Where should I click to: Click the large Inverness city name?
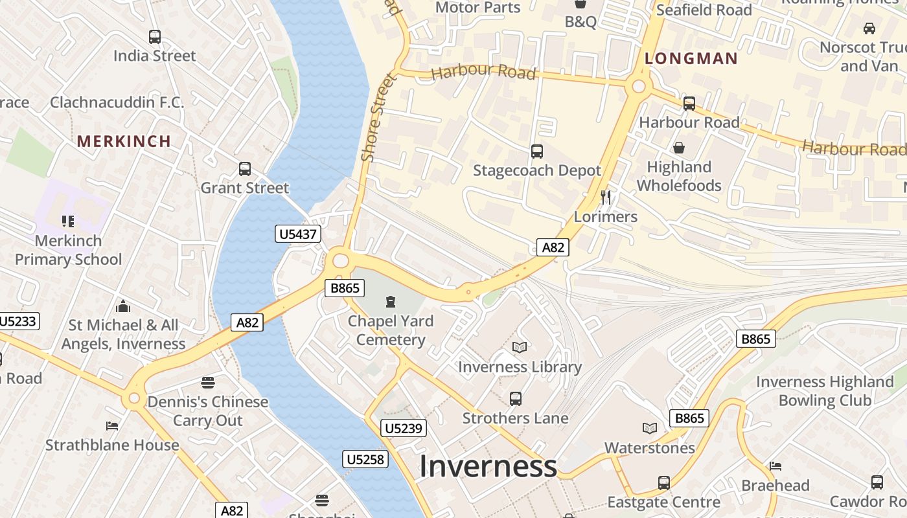click(x=488, y=467)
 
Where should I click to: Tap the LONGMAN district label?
click(x=691, y=58)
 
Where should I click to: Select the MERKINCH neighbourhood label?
click(x=124, y=141)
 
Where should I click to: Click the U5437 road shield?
click(x=298, y=234)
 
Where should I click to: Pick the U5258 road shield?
click(x=365, y=460)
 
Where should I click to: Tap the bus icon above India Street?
click(x=154, y=37)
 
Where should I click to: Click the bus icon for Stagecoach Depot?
click(x=537, y=152)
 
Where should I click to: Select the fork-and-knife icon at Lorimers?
click(x=606, y=197)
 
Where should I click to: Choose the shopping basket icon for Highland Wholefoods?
click(x=679, y=148)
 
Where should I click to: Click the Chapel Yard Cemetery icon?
click(x=391, y=302)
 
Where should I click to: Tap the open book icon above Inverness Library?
click(x=520, y=348)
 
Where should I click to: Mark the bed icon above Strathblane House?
click(x=112, y=426)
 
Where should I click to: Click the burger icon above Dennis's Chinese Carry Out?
click(x=207, y=383)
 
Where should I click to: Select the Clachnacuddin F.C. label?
click(x=117, y=102)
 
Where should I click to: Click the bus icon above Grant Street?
click(x=244, y=169)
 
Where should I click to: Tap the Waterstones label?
click(x=649, y=447)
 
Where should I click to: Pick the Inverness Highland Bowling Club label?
click(x=825, y=391)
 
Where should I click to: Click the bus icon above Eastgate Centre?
click(x=664, y=483)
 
